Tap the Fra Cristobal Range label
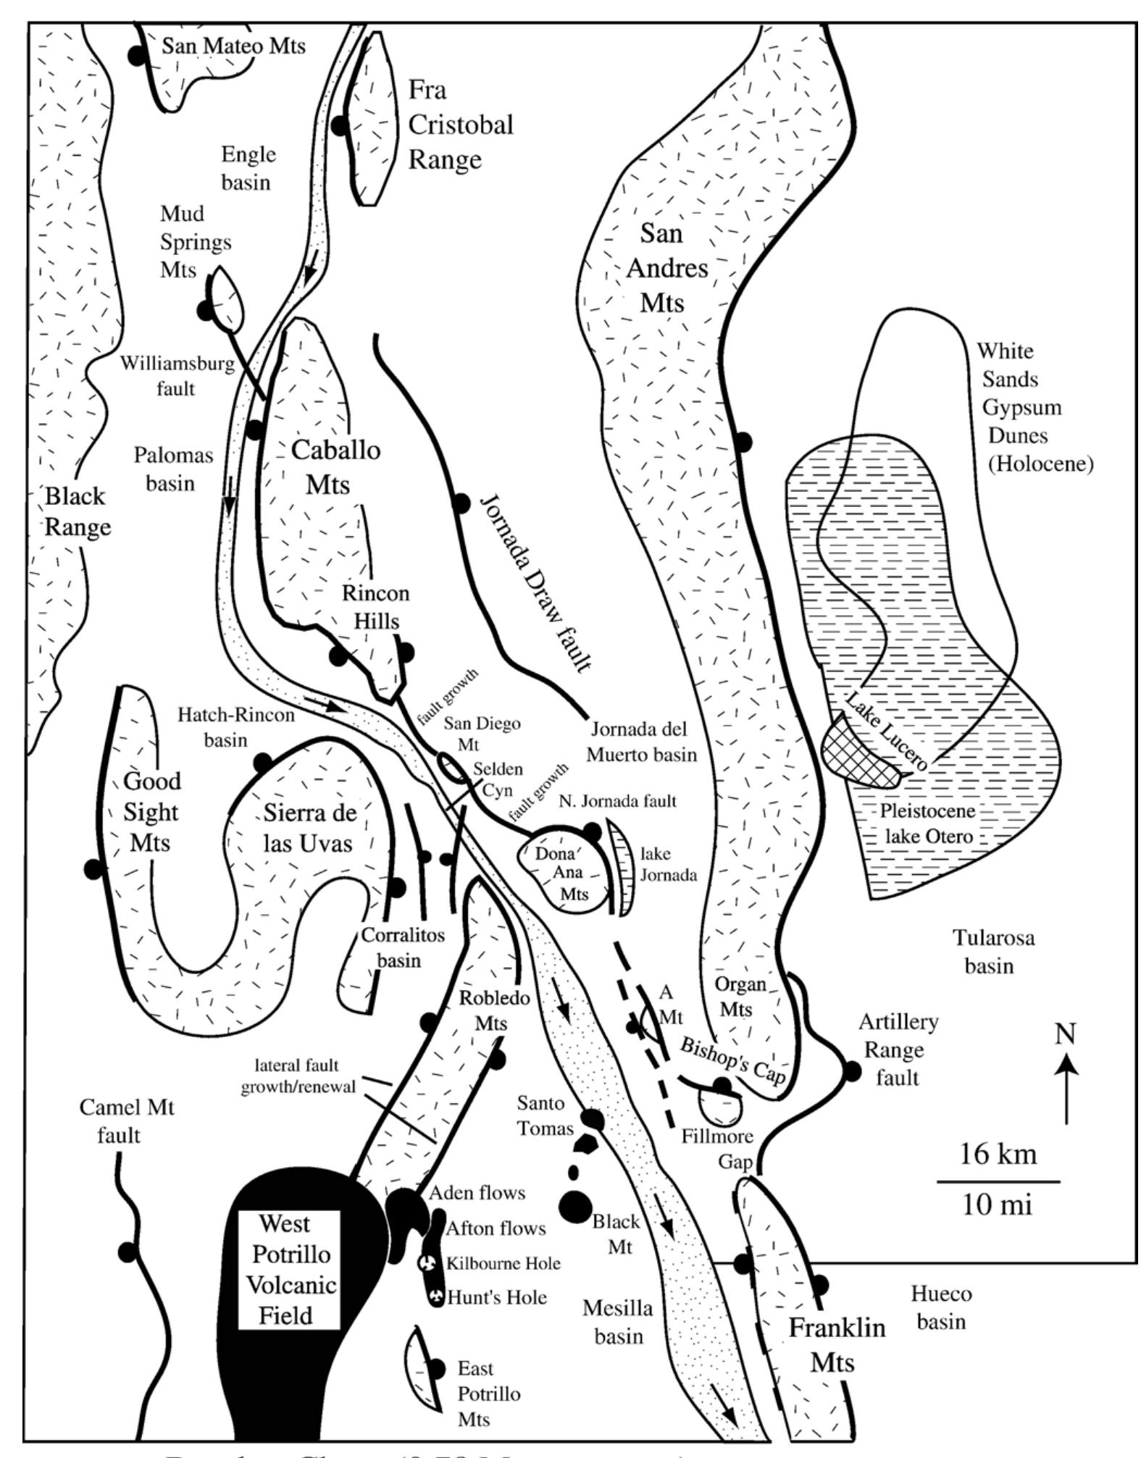tap(460, 125)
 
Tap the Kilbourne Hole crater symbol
tap(428, 1263)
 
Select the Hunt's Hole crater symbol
tap(436, 1296)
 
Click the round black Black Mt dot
tap(575, 1206)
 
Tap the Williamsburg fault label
tap(177, 375)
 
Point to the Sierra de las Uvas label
tap(309, 828)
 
